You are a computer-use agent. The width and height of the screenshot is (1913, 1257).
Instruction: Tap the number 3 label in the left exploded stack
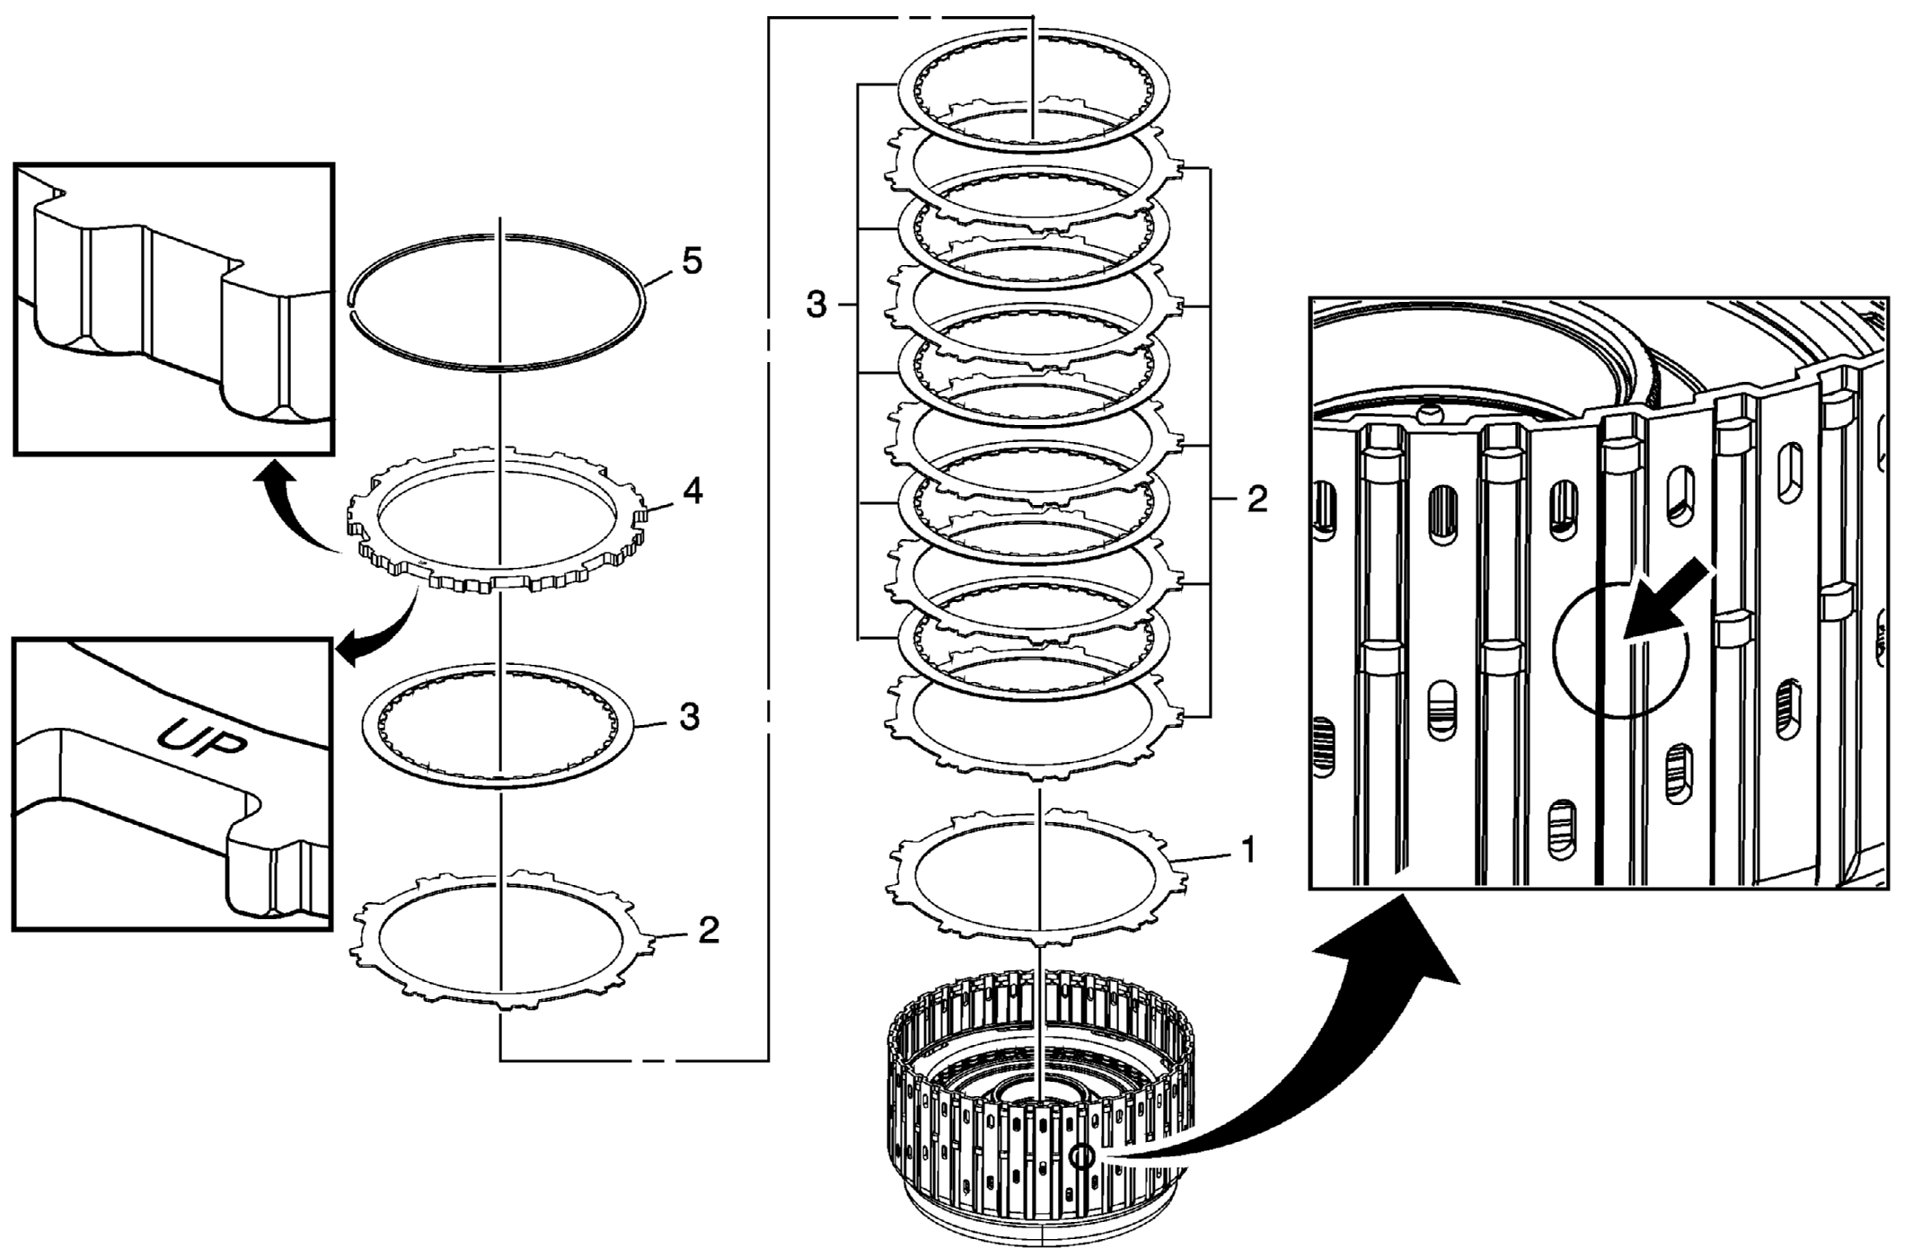point(689,717)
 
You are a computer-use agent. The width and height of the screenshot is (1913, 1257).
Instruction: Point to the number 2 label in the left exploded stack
point(709,930)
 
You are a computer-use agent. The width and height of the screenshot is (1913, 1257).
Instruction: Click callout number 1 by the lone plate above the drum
point(1248,849)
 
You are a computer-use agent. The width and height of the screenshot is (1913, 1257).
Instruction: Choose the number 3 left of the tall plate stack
point(815,305)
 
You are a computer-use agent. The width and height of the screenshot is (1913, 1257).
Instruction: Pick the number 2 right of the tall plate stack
point(1257,500)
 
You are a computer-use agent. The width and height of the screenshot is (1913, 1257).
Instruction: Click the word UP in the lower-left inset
point(201,739)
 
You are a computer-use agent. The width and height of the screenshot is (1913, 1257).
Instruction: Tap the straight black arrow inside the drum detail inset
point(1669,599)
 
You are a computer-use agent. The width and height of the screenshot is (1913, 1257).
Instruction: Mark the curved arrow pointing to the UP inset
point(382,633)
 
